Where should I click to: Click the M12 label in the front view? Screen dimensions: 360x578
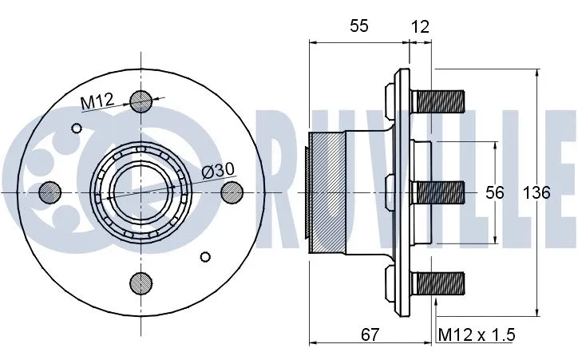click(x=97, y=101)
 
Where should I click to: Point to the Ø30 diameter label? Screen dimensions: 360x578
click(x=218, y=170)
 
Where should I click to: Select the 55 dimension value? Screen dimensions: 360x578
click(x=358, y=26)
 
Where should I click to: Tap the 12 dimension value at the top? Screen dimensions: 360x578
click(x=420, y=26)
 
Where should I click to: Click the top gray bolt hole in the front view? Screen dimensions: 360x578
click(x=141, y=101)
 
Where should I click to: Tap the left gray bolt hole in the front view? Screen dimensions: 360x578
click(x=49, y=192)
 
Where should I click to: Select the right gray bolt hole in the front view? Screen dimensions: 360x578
click(x=232, y=192)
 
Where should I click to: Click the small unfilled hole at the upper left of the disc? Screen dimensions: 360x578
click(x=77, y=128)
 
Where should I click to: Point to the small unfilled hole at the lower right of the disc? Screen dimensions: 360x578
click(x=205, y=256)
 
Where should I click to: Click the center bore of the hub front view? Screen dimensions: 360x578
click(x=141, y=192)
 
